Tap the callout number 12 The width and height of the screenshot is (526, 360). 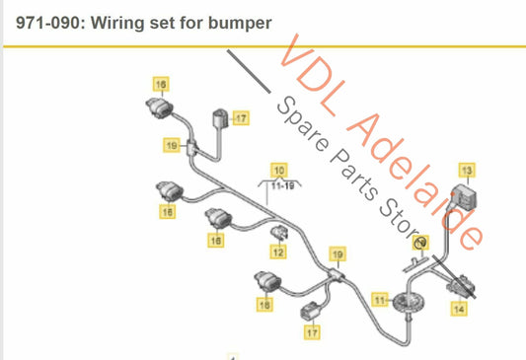[278, 252]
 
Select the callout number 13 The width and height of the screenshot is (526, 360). [466, 169]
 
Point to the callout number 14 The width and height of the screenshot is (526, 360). [458, 309]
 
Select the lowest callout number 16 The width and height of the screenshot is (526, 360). [264, 306]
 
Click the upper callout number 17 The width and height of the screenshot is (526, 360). [241, 118]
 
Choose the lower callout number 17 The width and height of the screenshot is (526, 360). [312, 332]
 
